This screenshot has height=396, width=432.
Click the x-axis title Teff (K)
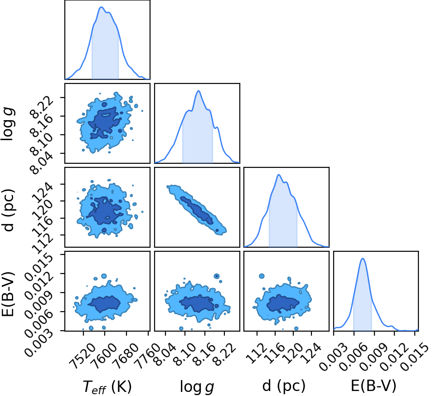(x=107, y=386)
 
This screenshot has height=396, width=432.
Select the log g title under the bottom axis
(x=197, y=386)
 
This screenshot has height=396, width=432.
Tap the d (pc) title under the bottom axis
(x=284, y=386)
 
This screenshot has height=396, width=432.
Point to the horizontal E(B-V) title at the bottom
(x=374, y=386)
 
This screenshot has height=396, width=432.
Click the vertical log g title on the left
(x=8, y=124)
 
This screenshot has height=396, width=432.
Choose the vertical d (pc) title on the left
(x=8, y=210)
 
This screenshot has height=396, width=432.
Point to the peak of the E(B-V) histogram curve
(x=363, y=259)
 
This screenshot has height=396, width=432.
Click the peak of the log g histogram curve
(x=198, y=91)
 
